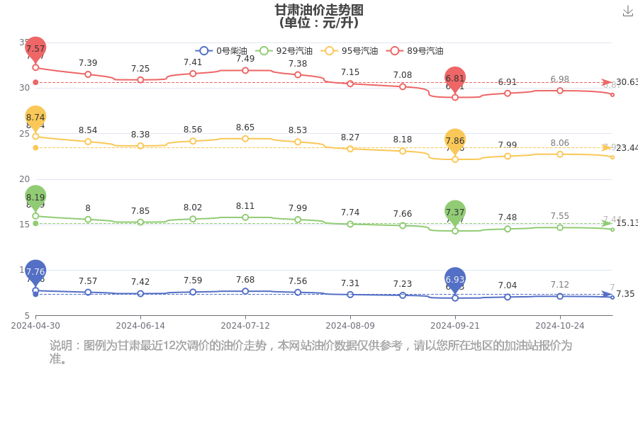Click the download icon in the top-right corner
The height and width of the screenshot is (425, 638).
pyautogui.click(x=627, y=11)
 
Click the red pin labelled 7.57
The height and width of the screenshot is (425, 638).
pyautogui.click(x=35, y=49)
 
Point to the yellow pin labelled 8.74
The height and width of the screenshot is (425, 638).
pyautogui.click(x=35, y=118)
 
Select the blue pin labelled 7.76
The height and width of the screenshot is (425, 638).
pyautogui.click(x=35, y=271)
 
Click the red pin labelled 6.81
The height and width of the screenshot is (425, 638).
pyautogui.click(x=455, y=79)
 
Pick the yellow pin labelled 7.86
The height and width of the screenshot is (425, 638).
pyautogui.click(x=455, y=141)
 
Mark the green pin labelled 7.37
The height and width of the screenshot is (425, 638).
pyautogui.click(x=455, y=212)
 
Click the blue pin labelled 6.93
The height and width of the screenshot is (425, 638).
pyautogui.click(x=455, y=280)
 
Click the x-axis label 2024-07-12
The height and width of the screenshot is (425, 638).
pyautogui.click(x=245, y=326)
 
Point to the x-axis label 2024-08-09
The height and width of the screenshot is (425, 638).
pyautogui.click(x=350, y=326)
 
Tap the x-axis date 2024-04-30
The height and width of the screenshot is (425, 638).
pyautogui.click(x=35, y=326)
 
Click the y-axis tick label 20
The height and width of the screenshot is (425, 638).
pyautogui.click(x=24, y=178)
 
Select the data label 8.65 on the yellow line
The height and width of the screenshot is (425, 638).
pyautogui.click(x=245, y=127)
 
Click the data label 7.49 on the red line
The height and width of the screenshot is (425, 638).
pyautogui.click(x=245, y=59)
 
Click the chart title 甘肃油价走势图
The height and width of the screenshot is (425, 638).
pyautogui.click(x=319, y=10)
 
